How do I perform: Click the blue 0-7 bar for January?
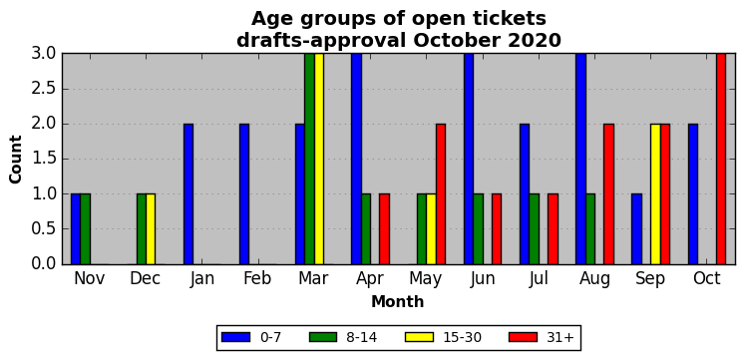pyautogui.click(x=188, y=194)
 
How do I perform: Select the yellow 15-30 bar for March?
pyautogui.click(x=319, y=159)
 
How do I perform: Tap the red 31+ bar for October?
pyautogui.click(x=721, y=159)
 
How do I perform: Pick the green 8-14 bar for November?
pyautogui.click(x=86, y=229)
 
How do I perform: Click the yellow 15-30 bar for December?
pyautogui.click(x=151, y=229)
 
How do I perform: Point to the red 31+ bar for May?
pyautogui.click(x=441, y=194)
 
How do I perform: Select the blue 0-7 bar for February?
pyautogui.click(x=244, y=194)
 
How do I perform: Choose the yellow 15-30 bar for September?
pyautogui.click(x=656, y=194)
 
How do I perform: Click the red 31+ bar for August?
pyautogui.click(x=608, y=194)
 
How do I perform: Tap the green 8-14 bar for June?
pyautogui.click(x=479, y=229)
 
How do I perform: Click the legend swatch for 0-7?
pyautogui.click(x=235, y=337)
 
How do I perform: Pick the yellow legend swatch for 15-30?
pyautogui.click(x=419, y=337)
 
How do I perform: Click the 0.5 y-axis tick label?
pyautogui.click(x=44, y=229)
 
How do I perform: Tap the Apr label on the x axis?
pyautogui.click(x=370, y=279)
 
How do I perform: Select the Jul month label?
pyautogui.click(x=539, y=279)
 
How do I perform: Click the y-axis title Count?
pyautogui.click(x=16, y=159)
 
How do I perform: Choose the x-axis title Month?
pyautogui.click(x=398, y=301)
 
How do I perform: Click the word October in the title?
pyautogui.click(x=458, y=41)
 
